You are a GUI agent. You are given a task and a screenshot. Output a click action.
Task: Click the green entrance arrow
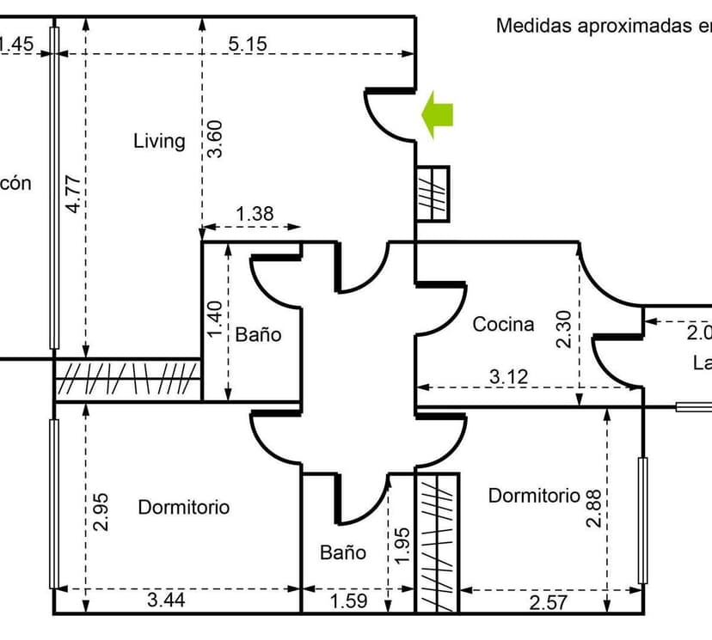439,116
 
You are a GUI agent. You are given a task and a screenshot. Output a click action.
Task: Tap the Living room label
159,141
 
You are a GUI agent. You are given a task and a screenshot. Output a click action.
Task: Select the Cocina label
503,325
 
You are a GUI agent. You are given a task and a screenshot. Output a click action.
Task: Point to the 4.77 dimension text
75,193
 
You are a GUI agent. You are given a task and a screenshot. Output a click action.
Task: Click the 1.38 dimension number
255,214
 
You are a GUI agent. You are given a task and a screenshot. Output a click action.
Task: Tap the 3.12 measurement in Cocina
509,375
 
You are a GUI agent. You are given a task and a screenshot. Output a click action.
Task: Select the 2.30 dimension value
564,329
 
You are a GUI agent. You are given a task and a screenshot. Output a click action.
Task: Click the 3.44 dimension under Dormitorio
166,600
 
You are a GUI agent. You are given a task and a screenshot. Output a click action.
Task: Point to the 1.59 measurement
349,601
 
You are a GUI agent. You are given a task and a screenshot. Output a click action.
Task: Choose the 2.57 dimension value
548,603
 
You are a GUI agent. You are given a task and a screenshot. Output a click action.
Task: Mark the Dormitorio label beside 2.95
184,508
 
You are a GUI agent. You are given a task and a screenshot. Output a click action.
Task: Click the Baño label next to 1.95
343,552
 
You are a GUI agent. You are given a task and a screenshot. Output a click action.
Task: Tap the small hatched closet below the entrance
433,193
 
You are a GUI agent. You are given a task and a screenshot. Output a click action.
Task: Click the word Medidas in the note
534,26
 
